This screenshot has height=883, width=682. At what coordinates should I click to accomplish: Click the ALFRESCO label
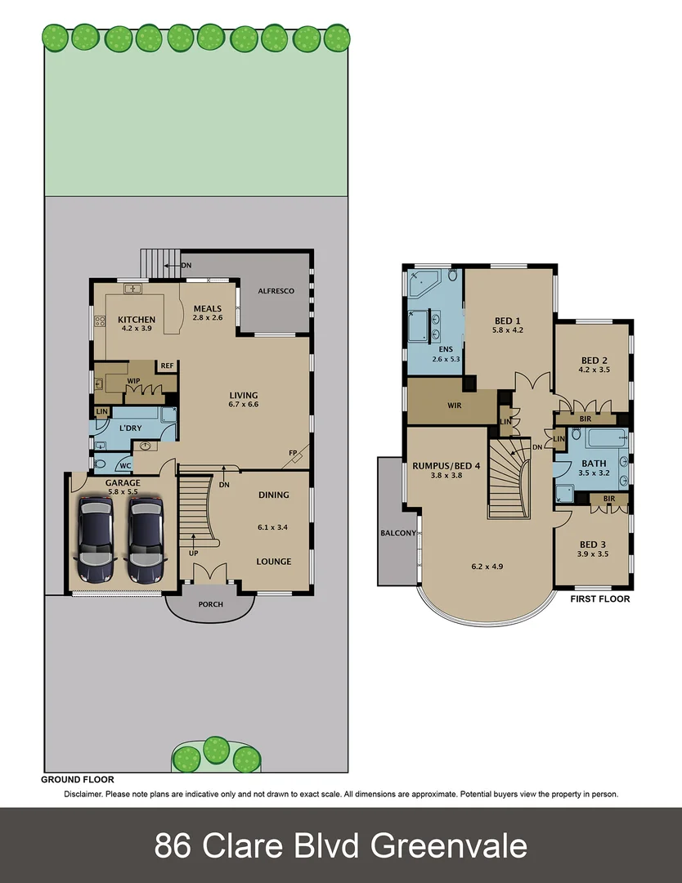pos(275,291)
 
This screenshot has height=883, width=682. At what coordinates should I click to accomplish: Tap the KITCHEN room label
pos(137,320)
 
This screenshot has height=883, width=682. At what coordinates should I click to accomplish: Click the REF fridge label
pos(167,365)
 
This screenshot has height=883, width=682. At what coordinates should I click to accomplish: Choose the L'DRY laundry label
pos(132,428)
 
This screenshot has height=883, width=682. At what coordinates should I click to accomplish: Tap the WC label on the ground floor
pos(126,466)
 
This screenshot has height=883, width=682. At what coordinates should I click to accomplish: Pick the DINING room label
pos(273,495)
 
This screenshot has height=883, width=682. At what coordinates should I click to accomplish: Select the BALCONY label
pos(398,533)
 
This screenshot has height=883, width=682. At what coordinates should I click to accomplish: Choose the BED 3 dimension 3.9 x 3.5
pos(592,554)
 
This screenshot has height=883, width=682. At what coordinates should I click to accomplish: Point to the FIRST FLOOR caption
pos(599,598)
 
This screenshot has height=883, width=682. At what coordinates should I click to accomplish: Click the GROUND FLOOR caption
pos(78,780)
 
